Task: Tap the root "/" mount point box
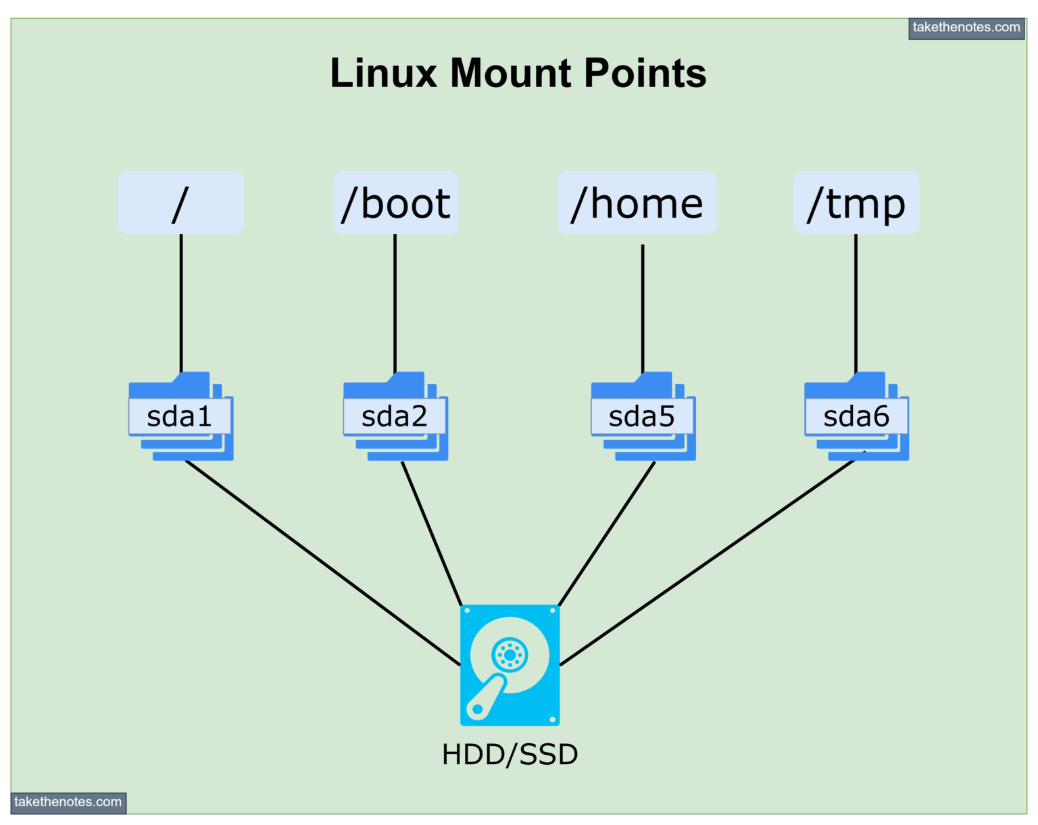[181, 203]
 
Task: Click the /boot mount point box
[396, 203]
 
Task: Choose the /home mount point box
[637, 203]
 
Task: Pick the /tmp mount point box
[856, 203]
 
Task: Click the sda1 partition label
[180, 417]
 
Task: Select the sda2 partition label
[395, 417]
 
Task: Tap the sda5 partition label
[642, 417]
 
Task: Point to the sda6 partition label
[856, 417]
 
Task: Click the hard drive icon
[510, 665]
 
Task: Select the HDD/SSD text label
[510, 755]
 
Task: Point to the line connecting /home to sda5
[643, 307]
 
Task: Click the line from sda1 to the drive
[322, 563]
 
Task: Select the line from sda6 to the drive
[708, 563]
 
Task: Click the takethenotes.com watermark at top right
[966, 28]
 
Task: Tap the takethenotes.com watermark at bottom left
[68, 802]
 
